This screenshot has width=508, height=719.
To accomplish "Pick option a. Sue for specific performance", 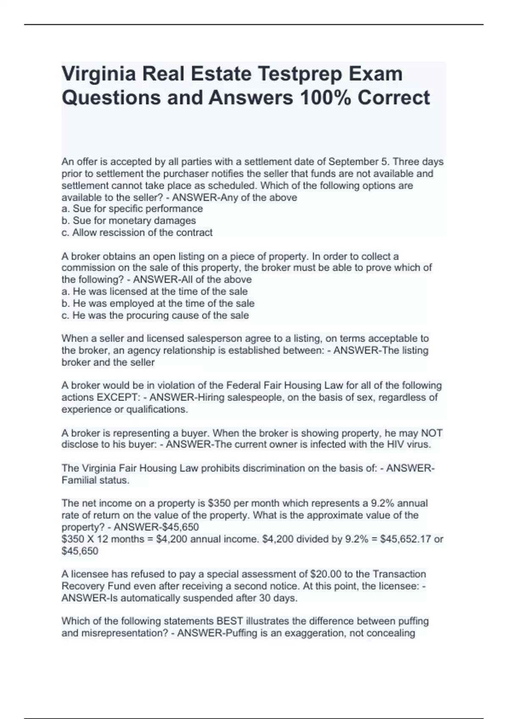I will [x=132, y=209].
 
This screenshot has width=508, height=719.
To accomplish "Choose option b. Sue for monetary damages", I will [x=129, y=221].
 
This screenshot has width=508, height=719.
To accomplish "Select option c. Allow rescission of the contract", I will [x=137, y=233].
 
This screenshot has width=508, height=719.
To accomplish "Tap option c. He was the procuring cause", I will [x=155, y=316].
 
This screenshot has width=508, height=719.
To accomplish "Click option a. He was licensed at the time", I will [x=155, y=291].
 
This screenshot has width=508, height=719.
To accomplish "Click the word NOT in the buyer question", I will [x=431, y=433].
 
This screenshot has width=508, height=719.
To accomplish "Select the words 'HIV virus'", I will [x=406, y=445].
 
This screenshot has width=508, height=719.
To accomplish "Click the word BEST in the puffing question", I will [x=230, y=621].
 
